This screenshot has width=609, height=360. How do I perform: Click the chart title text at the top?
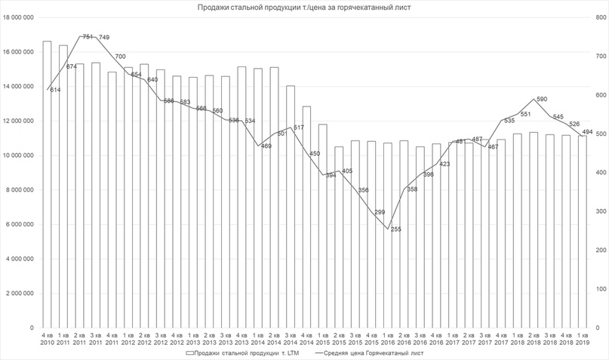(x=304, y=8)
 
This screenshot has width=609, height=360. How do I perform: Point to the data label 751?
(x=88, y=37)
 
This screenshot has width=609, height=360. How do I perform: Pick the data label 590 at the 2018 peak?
(x=541, y=99)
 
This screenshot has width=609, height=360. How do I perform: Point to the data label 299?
(x=380, y=212)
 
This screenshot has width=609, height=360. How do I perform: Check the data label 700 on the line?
(x=120, y=57)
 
